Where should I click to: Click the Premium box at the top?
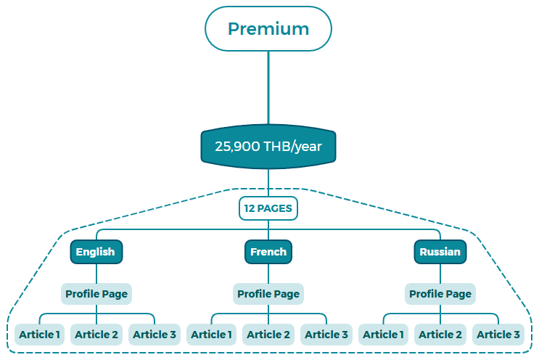pyautogui.click(x=268, y=29)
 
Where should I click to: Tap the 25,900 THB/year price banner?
pyautogui.click(x=268, y=147)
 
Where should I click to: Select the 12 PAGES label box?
pyautogui.click(x=268, y=208)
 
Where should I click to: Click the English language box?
pyautogui.click(x=96, y=252)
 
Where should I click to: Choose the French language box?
pyautogui.click(x=268, y=252)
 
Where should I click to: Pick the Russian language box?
pyautogui.click(x=440, y=252)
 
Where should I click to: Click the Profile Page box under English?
pyautogui.click(x=96, y=294)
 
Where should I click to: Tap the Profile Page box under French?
pyautogui.click(x=268, y=294)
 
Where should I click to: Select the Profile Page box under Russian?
pyautogui.click(x=440, y=294)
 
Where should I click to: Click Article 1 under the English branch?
pyautogui.click(x=39, y=335)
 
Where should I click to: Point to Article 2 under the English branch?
pyautogui.click(x=96, y=335)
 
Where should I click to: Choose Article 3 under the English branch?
pyautogui.click(x=155, y=335)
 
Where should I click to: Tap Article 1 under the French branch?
pyautogui.click(x=211, y=335)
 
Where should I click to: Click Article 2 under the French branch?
pyautogui.click(x=268, y=335)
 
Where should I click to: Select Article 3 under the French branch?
pyautogui.click(x=326, y=335)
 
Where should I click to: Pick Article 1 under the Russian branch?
pyautogui.click(x=383, y=335)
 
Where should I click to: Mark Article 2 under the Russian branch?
pyautogui.click(x=440, y=335)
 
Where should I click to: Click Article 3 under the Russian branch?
pyautogui.click(x=498, y=335)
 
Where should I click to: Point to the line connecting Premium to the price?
pyautogui.click(x=268, y=87)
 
